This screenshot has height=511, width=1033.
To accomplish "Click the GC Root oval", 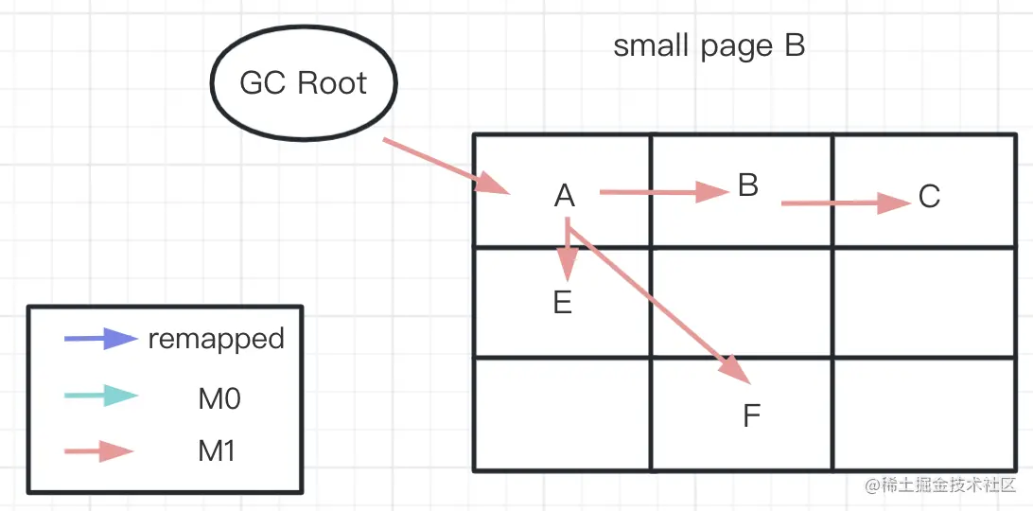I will coord(304,84).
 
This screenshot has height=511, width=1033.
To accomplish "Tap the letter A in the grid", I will coord(565,196).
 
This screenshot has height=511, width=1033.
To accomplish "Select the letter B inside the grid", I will coord(748,185).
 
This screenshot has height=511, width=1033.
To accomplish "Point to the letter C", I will coord(929,197).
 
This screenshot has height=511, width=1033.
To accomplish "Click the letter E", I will coord(563,303).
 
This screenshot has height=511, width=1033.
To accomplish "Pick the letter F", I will coord(751,415).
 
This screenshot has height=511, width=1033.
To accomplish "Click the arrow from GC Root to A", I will coord(445,167).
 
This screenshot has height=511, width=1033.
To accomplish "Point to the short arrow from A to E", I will coord(567,251).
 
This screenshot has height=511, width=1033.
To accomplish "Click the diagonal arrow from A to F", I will coord(662,304).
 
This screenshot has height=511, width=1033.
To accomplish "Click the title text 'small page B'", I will coord(709,46).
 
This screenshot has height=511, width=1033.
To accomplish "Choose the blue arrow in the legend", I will coord(100,339).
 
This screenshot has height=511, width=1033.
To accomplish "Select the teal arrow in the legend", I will coord(100,396).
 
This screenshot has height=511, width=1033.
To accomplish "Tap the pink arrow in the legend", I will coord(100,451).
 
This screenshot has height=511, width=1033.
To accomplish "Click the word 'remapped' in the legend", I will coord(216,339).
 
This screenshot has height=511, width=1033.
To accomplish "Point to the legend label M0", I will coord(219,398).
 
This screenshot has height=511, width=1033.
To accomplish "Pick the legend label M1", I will coord(217,451).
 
